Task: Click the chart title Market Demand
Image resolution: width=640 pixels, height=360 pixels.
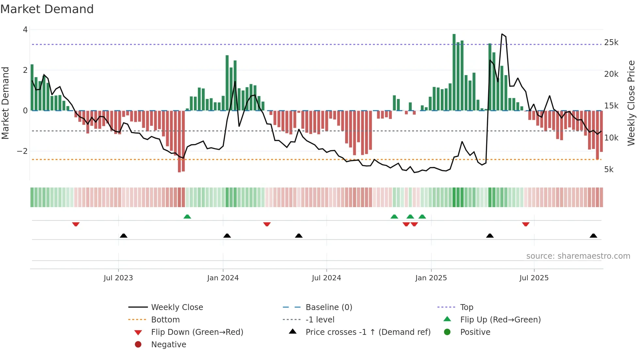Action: pyautogui.click(x=47, y=9)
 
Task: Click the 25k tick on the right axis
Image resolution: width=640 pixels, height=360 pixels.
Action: pyautogui.click(x=611, y=42)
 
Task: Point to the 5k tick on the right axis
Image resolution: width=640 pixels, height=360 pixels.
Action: pyautogui.click(x=609, y=170)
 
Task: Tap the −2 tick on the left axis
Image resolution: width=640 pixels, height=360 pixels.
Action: pyautogui.click(x=23, y=151)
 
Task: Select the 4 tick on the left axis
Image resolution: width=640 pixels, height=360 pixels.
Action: pyautogui.click(x=25, y=30)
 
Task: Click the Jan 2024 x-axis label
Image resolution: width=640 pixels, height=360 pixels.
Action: pyautogui.click(x=223, y=278)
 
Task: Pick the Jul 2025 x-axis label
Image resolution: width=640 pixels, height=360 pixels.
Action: pyautogui.click(x=534, y=278)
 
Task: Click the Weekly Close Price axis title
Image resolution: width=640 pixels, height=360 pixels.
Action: pyautogui.click(x=631, y=103)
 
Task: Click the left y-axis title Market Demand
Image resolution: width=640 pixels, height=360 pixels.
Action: pyautogui.click(x=6, y=103)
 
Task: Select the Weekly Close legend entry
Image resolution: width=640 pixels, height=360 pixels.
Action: pyautogui.click(x=177, y=307)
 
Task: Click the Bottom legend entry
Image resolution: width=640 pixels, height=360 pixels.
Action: pyautogui.click(x=165, y=320)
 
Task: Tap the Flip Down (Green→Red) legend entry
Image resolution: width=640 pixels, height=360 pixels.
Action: pyautogui.click(x=197, y=332)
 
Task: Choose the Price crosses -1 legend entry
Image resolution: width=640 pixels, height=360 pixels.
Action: pyautogui.click(x=368, y=332)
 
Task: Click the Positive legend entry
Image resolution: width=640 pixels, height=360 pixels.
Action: pyautogui.click(x=475, y=332)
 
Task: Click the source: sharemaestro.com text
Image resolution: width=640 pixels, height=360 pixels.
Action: pyautogui.click(x=578, y=256)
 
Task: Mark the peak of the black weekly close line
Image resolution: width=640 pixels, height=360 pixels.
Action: pyautogui.click(x=502, y=34)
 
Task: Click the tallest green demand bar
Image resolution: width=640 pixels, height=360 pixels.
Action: pyautogui.click(x=454, y=72)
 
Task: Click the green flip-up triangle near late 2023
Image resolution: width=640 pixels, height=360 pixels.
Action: pyautogui.click(x=187, y=217)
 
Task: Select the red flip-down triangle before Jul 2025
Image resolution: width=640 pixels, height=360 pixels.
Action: pyautogui.click(x=526, y=224)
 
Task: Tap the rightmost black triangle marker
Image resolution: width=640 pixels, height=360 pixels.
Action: pyautogui.click(x=593, y=236)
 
